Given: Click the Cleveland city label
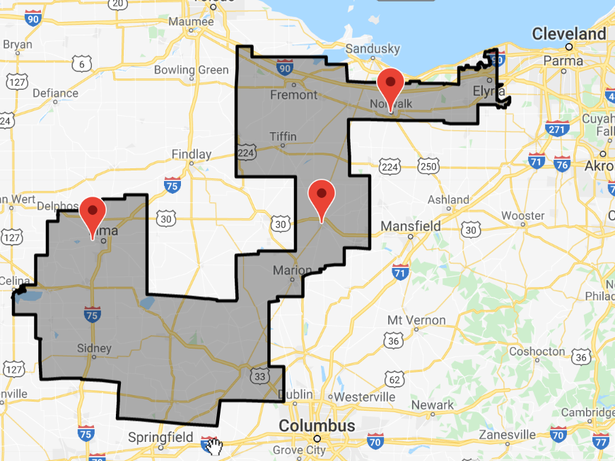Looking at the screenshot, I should point(569,34).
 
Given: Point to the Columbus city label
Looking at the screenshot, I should point(317,426).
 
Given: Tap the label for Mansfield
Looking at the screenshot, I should point(411,226).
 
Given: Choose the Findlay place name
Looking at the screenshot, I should point(192,154).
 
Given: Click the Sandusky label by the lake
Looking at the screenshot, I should point(373,49).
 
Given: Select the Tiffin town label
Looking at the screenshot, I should point(283,136).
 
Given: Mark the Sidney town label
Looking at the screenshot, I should point(94,349).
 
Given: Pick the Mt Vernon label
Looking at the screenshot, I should point(416,320).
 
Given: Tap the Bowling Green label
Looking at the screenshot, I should point(191,70).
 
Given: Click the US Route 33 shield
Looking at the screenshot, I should point(259,376).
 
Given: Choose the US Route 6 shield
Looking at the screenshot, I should point(83,65).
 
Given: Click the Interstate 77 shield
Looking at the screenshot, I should point(601,443).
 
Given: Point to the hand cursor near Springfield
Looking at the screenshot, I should point(214,445).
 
